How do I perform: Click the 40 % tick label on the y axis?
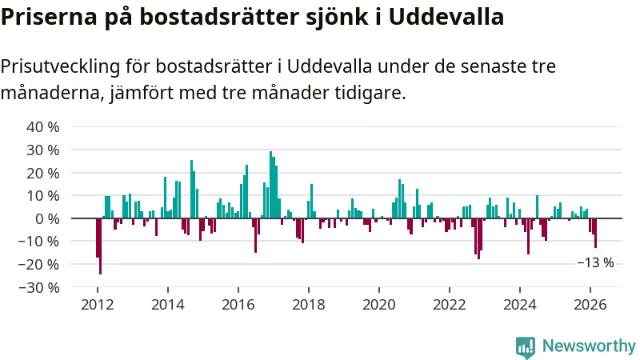[43, 127]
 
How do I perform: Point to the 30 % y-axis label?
[43, 150]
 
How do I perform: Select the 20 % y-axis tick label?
[43, 173]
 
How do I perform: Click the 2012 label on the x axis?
[97, 305]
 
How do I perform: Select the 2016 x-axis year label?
[238, 305]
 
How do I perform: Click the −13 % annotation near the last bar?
[595, 262]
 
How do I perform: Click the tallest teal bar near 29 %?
[270, 185]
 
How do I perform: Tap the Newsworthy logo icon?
[526, 346]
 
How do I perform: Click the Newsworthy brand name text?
[589, 346]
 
